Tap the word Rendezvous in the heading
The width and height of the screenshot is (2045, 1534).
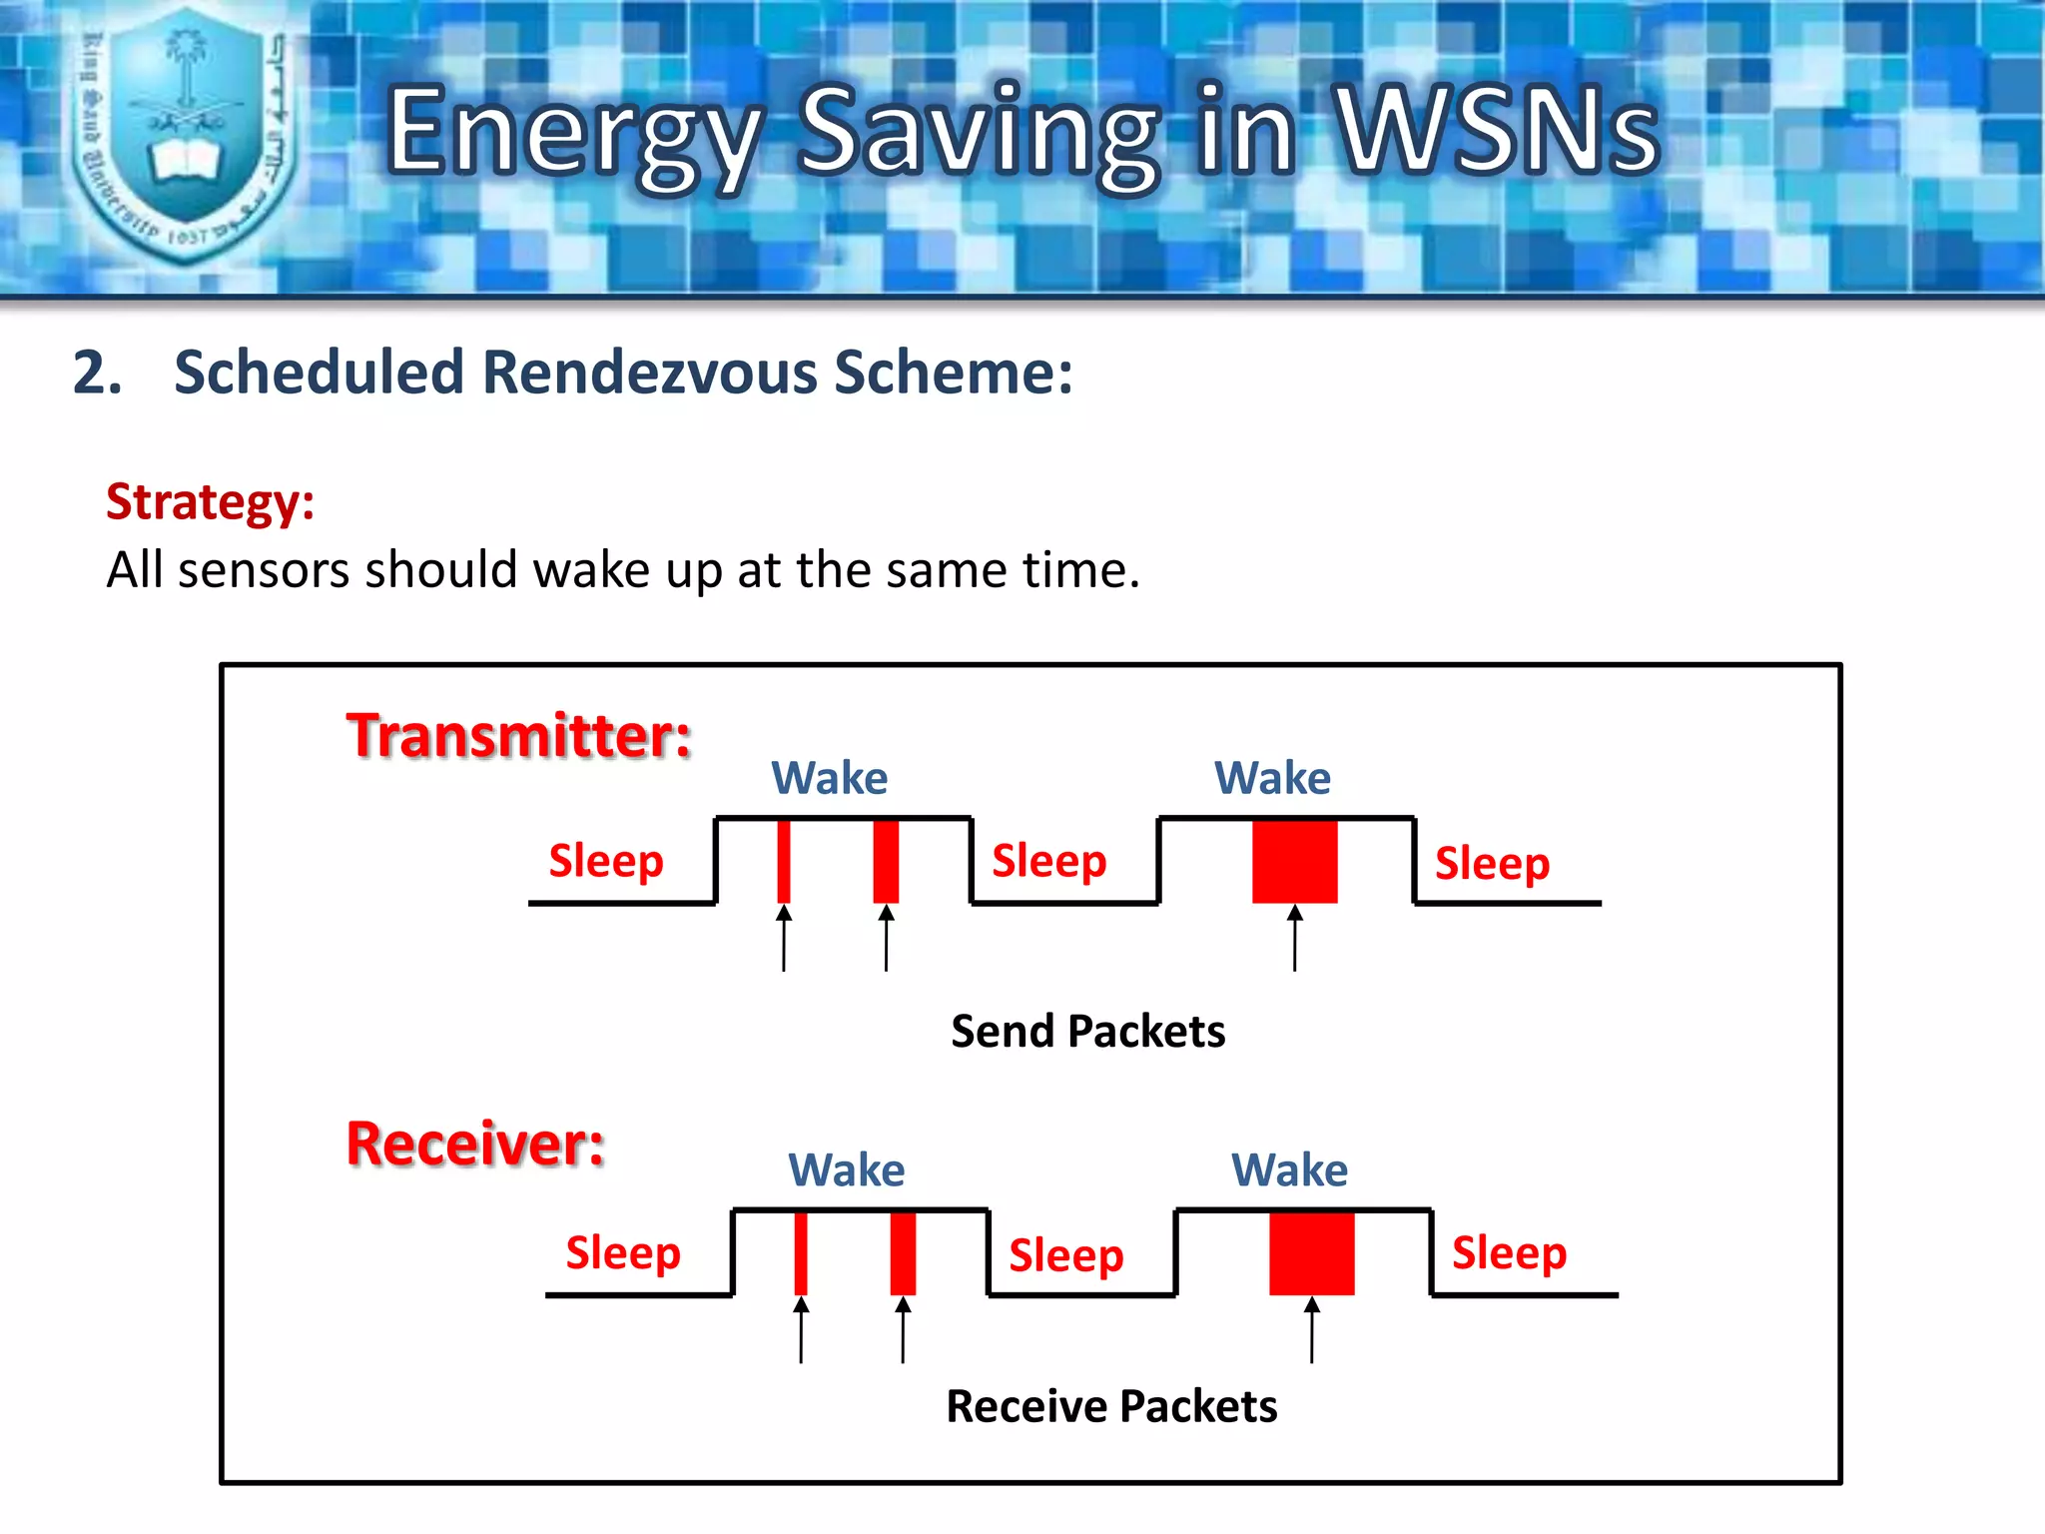point(651,373)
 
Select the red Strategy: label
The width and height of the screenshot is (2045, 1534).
point(210,501)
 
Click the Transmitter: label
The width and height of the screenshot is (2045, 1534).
point(518,736)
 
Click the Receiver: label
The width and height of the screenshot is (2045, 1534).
point(475,1144)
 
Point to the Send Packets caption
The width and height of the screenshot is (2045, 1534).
point(1087,1031)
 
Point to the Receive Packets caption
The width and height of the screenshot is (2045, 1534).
point(1111,1406)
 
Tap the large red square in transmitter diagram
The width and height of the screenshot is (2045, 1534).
point(1294,861)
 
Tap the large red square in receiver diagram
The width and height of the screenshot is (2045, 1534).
point(1311,1253)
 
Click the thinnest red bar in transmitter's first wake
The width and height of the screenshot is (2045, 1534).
point(784,861)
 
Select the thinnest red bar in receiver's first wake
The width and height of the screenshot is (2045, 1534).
point(801,1253)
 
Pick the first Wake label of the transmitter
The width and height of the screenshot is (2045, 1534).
point(829,778)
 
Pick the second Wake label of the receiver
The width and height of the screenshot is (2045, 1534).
point(1289,1170)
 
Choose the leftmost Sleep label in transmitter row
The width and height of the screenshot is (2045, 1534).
point(606,861)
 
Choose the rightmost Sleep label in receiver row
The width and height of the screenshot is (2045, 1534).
point(1509,1253)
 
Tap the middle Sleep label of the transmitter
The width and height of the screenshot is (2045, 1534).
point(1048,861)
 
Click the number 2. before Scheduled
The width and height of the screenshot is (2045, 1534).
point(98,374)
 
